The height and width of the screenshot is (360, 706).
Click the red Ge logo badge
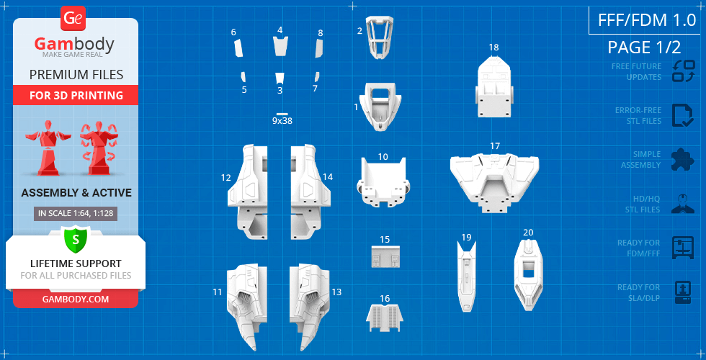[73, 18]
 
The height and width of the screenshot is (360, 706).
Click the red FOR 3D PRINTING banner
[76, 95]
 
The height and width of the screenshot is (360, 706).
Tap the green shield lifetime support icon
[75, 237]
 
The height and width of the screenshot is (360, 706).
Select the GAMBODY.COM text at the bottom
[75, 299]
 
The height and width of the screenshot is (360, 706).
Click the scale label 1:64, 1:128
[75, 213]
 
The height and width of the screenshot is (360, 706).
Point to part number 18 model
[494, 87]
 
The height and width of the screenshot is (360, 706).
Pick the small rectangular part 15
[385, 256]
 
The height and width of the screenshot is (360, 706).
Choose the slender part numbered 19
[467, 274]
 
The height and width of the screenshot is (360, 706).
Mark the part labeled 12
[249, 191]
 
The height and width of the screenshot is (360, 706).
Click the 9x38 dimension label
[282, 121]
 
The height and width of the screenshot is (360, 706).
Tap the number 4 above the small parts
[280, 30]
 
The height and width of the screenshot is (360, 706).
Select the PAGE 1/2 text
[644, 48]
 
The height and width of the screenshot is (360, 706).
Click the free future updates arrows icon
[683, 71]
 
